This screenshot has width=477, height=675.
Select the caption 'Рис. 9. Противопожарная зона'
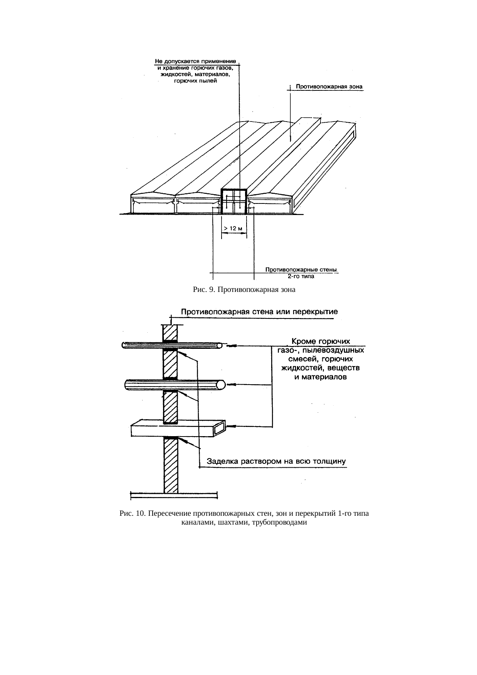pyautogui.click(x=244, y=290)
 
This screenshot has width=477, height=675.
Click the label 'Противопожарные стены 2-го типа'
pyautogui.click(x=301, y=273)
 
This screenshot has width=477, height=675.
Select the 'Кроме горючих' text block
pyautogui.click(x=321, y=359)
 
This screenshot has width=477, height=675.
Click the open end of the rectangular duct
pyautogui.click(x=220, y=427)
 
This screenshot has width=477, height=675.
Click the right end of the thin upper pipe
pyautogui.click(x=219, y=345)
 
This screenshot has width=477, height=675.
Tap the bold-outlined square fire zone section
pyautogui.click(x=233, y=201)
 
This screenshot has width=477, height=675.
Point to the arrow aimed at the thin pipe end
pyautogui.click(x=232, y=345)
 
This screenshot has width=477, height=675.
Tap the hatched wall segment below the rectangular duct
pyautogui.click(x=171, y=465)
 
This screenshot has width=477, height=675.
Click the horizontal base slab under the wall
pyautogui.click(x=174, y=495)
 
